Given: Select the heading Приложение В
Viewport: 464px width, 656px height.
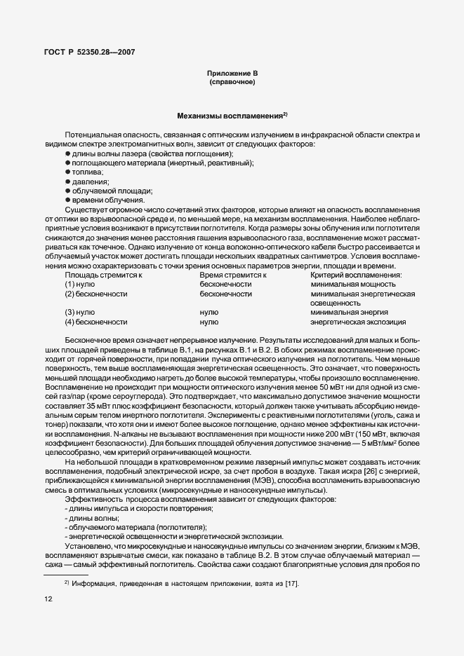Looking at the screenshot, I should pyautogui.click(x=232, y=74).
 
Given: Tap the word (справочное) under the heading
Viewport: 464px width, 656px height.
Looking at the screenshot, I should pyautogui.click(x=232, y=83).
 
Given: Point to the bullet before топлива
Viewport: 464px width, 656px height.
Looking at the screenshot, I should pyautogui.click(x=67, y=172).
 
